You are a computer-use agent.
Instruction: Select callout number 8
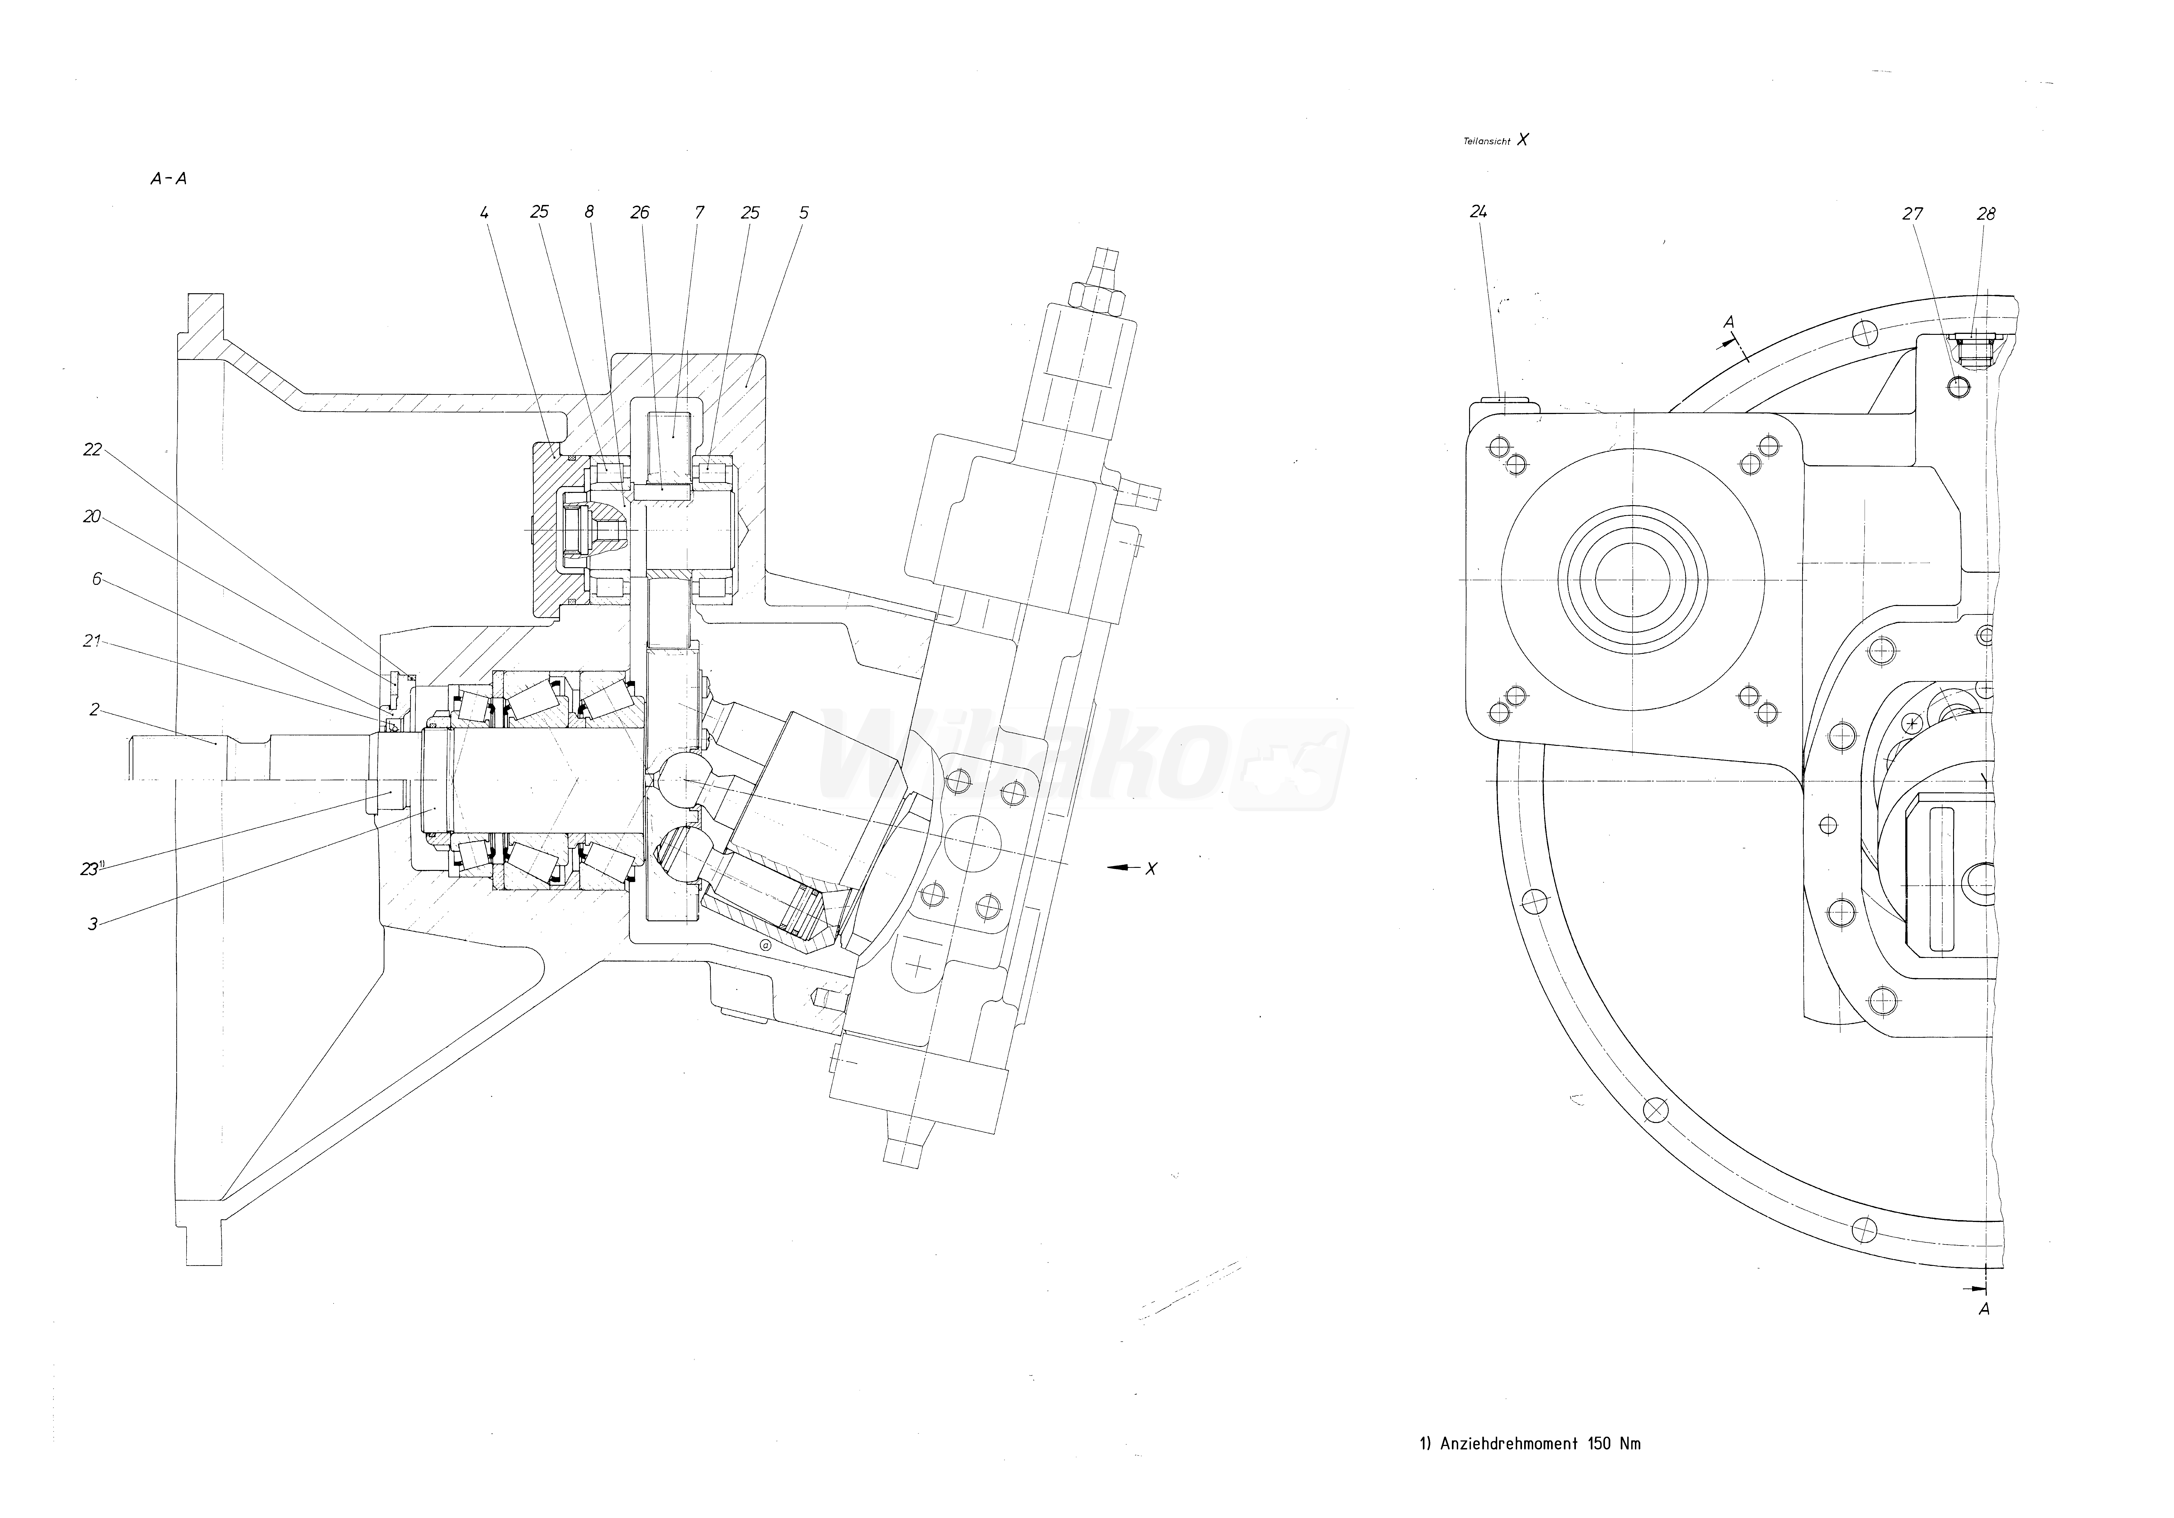coord(589,212)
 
